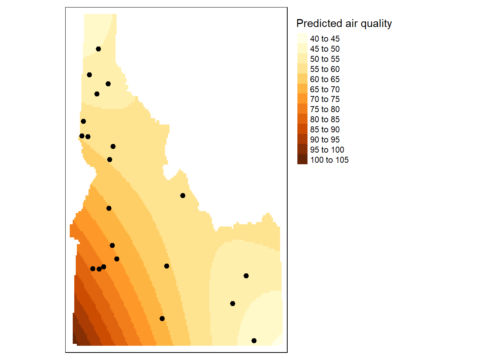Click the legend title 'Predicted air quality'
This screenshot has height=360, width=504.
(344, 24)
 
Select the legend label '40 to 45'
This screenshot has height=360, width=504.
(325, 39)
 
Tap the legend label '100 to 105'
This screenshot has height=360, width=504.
(329, 160)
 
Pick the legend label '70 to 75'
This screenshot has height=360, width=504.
(325, 99)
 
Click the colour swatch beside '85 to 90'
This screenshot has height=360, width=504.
(302, 129)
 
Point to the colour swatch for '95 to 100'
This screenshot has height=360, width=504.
(302, 149)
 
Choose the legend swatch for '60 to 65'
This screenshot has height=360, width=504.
(302, 79)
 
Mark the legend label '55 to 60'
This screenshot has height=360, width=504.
(325, 69)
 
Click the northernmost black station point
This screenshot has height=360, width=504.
(98, 49)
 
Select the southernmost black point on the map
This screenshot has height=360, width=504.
(254, 340)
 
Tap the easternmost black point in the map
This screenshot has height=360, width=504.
(254, 340)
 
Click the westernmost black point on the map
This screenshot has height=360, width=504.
(82, 136)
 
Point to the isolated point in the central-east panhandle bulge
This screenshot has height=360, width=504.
(183, 195)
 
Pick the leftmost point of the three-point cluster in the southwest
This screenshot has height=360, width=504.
(93, 268)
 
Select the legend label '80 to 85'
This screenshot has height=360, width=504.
(325, 120)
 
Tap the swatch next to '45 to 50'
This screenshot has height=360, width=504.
(302, 48)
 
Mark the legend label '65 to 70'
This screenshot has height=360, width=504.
(325, 89)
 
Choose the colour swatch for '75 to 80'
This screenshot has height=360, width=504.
(302, 109)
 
